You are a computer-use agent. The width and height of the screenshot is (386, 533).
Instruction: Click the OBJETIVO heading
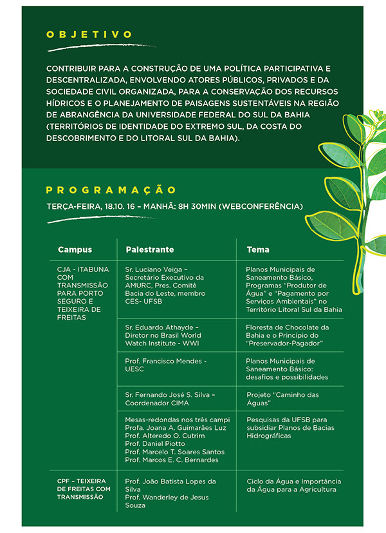coord(89,35)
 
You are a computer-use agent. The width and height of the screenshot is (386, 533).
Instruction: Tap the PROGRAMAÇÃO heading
coord(111,190)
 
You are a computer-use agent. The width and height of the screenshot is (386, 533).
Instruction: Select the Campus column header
coord(75,249)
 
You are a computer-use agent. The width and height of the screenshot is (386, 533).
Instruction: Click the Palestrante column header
coord(149,249)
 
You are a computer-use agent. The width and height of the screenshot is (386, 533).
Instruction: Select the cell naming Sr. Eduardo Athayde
coord(163,335)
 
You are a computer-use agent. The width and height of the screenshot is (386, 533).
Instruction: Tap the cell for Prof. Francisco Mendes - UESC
coord(165,365)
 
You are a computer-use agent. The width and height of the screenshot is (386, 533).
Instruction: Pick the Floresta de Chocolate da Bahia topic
coord(287,335)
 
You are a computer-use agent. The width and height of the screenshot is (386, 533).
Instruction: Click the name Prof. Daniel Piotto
coord(155,443)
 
